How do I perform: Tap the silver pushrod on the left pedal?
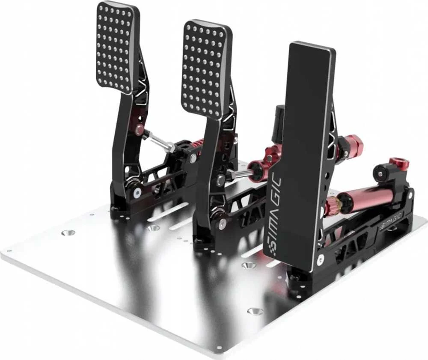(x=159, y=140)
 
